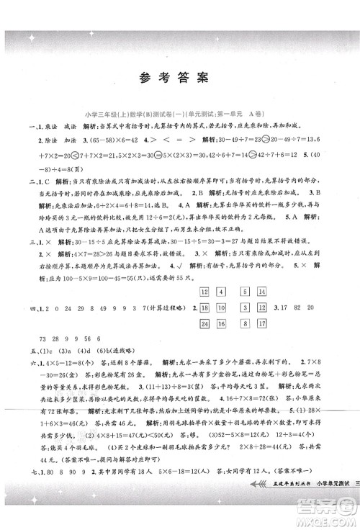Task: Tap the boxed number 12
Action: click(204, 269)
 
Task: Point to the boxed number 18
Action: click(204, 286)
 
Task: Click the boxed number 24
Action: click(204, 303)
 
